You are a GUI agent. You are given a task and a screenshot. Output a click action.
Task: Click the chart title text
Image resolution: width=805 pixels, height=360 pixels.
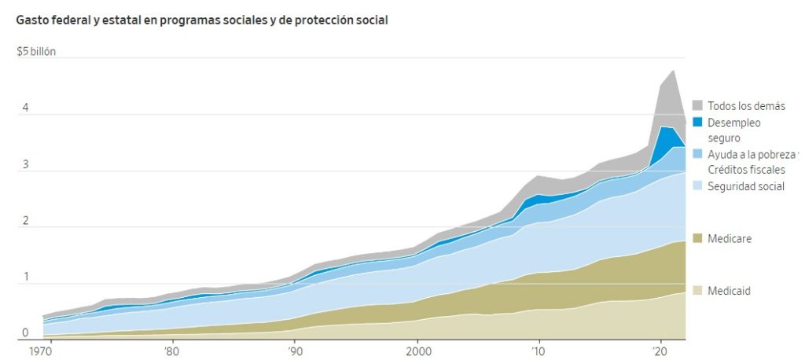click(202, 20)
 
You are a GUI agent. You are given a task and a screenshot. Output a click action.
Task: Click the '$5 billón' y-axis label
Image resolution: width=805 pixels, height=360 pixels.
click(36, 53)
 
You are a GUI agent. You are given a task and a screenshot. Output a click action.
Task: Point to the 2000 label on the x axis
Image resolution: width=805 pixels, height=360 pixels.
click(417, 351)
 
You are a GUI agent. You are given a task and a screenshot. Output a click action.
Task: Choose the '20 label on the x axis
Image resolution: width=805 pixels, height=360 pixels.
click(661, 351)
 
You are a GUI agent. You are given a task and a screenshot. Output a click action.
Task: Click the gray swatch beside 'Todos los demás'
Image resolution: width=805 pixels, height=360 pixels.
click(697, 106)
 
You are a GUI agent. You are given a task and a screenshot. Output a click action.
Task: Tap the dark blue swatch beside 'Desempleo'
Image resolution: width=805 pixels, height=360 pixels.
click(697, 123)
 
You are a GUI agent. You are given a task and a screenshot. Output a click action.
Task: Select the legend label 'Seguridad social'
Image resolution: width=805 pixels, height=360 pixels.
click(745, 186)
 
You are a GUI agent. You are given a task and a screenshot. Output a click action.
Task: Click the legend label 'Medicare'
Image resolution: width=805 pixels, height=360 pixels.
click(730, 238)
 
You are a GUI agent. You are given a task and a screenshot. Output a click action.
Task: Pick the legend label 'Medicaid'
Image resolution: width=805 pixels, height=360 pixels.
click(730, 291)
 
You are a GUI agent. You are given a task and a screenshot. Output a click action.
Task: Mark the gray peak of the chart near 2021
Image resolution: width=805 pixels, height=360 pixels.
click(673, 72)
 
